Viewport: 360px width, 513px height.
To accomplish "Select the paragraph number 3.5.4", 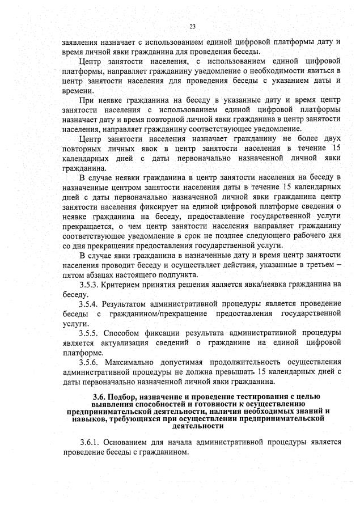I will (x=91, y=304).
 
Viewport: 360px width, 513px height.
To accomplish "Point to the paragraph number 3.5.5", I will (x=91, y=332).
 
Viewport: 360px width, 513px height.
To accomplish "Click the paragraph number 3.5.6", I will (x=91, y=361).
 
